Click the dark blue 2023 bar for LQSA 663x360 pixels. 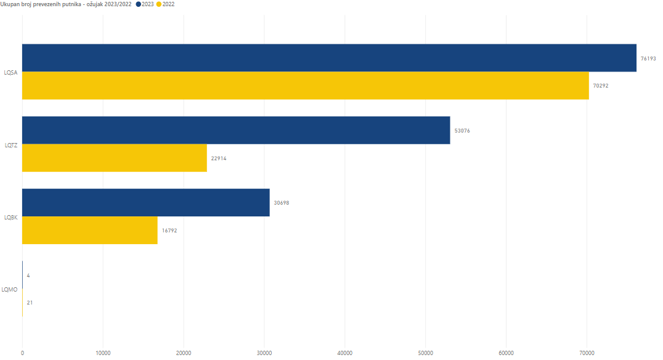coord(329,58)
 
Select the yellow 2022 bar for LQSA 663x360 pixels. coord(305,86)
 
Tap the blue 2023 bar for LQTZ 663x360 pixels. coord(236,130)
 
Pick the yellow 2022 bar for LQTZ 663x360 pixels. coord(115,158)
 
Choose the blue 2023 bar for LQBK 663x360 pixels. coord(146,202)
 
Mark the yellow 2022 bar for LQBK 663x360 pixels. coord(90,231)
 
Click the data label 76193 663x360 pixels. coord(648,59)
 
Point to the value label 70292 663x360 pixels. coord(600,86)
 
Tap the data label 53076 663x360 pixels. coord(462,131)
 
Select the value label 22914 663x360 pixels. coord(219,158)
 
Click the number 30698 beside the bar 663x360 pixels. coord(282,203)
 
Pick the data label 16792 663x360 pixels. coord(169,231)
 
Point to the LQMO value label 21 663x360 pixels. coord(30,303)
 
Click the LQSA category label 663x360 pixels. coord(10,72)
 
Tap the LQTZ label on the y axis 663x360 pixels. coord(10,145)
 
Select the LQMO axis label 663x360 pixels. coord(10,289)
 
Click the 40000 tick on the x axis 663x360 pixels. coord(345,353)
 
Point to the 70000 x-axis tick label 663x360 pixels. coord(587,353)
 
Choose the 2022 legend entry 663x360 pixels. coord(165,4)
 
